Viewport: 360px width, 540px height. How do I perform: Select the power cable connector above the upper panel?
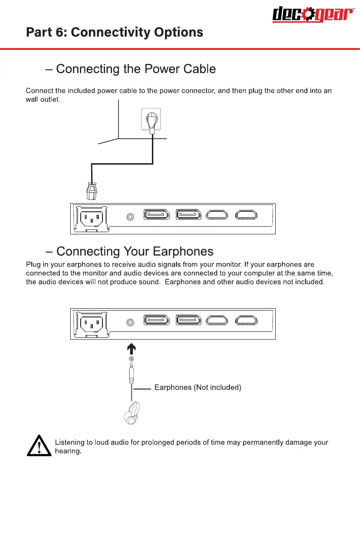click(92, 190)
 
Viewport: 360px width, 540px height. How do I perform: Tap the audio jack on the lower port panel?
click(131, 322)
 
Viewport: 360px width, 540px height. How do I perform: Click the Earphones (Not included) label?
click(198, 388)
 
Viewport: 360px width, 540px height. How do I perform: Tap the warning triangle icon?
click(39, 446)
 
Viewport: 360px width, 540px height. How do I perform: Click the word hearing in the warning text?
click(68, 452)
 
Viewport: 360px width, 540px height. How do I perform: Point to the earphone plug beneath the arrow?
click(131, 372)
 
